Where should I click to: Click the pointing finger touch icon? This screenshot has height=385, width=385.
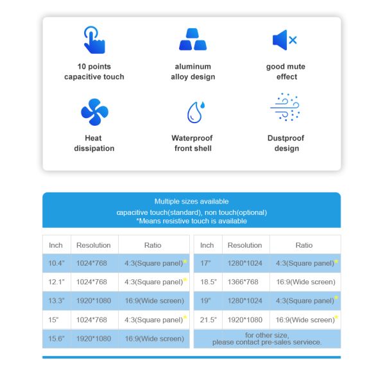point(94,40)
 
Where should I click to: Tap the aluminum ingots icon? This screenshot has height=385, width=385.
point(193,40)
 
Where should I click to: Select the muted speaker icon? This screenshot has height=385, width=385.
point(285,40)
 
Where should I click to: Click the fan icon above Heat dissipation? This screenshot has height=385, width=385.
point(94,112)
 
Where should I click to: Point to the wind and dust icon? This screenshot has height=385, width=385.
point(285,107)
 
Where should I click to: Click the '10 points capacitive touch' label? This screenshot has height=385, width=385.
point(94,72)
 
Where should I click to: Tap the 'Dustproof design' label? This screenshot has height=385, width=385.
point(286,143)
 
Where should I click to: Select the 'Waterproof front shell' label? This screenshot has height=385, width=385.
point(193,143)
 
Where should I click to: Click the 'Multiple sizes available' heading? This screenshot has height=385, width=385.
point(191,201)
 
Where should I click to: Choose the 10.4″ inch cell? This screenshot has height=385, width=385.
point(56,263)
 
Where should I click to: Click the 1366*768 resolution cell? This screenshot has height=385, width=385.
point(244,282)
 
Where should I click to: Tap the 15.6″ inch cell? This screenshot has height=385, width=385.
point(56,339)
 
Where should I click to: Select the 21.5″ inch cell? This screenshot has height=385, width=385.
point(207,320)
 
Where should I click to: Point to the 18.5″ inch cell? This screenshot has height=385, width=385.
point(207,282)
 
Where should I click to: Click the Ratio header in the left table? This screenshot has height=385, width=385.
point(153,245)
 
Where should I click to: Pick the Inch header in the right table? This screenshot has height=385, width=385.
point(207,245)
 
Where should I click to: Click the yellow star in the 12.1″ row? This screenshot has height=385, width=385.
point(185,280)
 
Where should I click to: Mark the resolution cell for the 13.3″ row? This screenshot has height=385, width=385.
point(93,301)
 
